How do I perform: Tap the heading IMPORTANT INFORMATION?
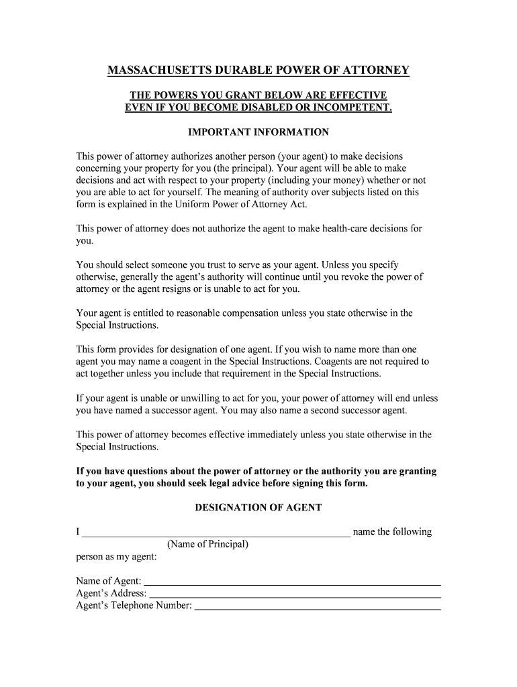pyautogui.click(x=258, y=132)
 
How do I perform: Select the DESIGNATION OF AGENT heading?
pyautogui.click(x=258, y=508)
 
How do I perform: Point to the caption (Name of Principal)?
pyautogui.click(x=208, y=544)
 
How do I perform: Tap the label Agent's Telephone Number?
pyautogui.click(x=134, y=606)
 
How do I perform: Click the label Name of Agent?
pyautogui.click(x=109, y=581)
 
